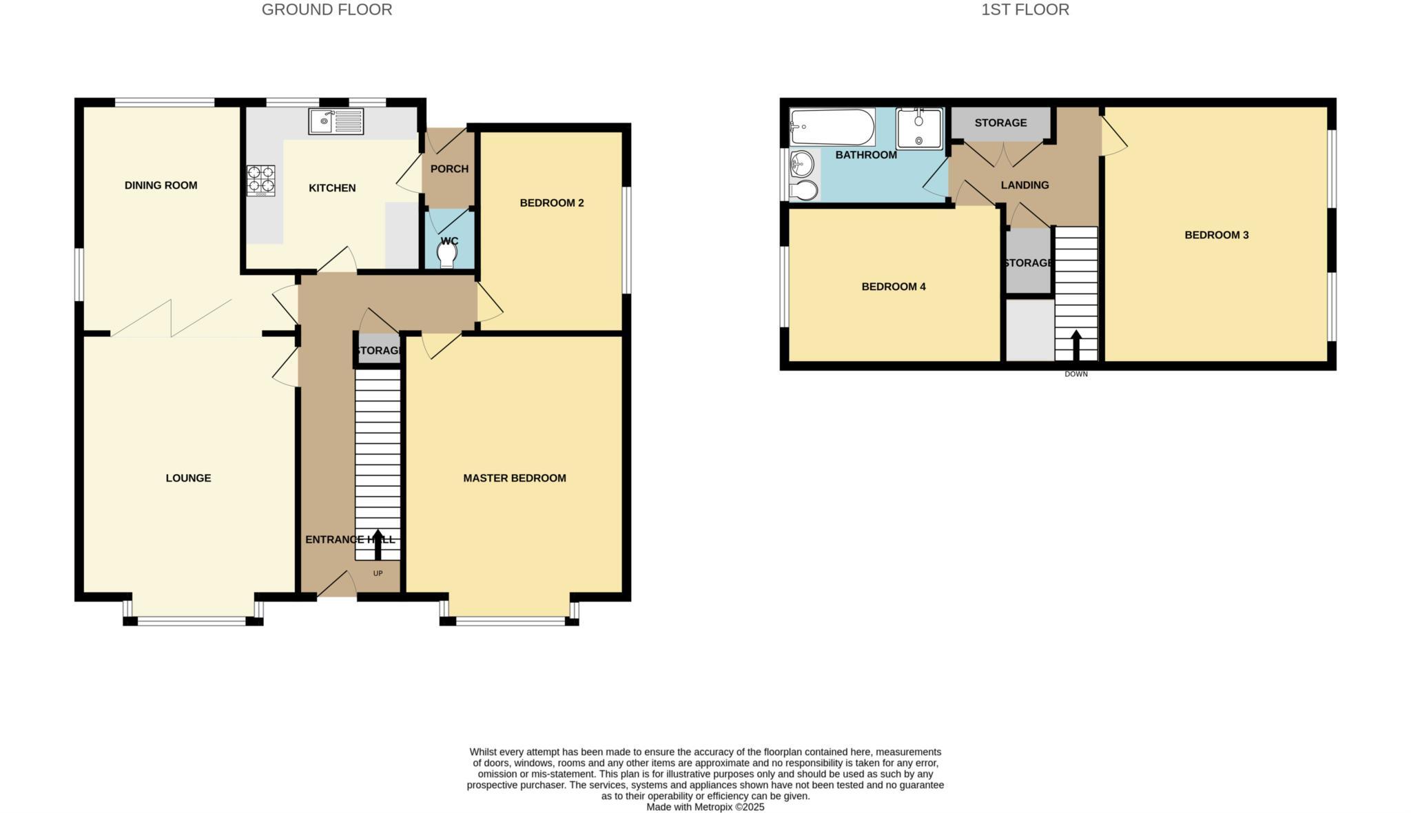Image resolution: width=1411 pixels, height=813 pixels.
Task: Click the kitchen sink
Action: click(336, 122)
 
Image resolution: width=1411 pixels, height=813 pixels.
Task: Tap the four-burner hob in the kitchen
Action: click(261, 181)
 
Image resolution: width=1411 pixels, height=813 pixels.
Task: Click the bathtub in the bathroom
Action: click(832, 127)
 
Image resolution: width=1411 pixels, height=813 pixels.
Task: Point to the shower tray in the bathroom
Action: click(919, 128)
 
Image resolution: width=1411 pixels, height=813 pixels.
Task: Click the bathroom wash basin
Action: click(802, 164)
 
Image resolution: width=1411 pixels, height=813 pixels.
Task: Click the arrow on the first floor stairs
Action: click(1075, 344)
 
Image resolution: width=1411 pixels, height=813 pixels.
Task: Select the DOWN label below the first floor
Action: click(1075, 374)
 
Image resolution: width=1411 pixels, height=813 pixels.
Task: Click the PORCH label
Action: click(449, 169)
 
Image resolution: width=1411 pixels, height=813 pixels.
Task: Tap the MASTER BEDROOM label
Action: click(515, 478)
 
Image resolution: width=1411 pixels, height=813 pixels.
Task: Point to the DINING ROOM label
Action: click(161, 185)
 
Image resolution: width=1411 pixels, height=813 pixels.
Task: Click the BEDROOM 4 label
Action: click(894, 287)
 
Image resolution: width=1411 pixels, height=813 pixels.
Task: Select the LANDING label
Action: click(1024, 185)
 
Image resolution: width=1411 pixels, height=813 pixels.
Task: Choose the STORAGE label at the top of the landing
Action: click(1000, 123)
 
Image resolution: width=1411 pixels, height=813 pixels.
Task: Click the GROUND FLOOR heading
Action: click(327, 10)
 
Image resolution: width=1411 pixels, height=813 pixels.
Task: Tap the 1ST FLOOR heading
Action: click(1025, 10)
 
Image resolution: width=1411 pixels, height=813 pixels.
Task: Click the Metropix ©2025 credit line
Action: click(705, 807)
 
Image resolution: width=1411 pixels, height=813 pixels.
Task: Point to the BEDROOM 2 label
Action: click(551, 203)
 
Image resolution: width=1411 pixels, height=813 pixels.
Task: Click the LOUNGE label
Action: click(188, 478)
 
